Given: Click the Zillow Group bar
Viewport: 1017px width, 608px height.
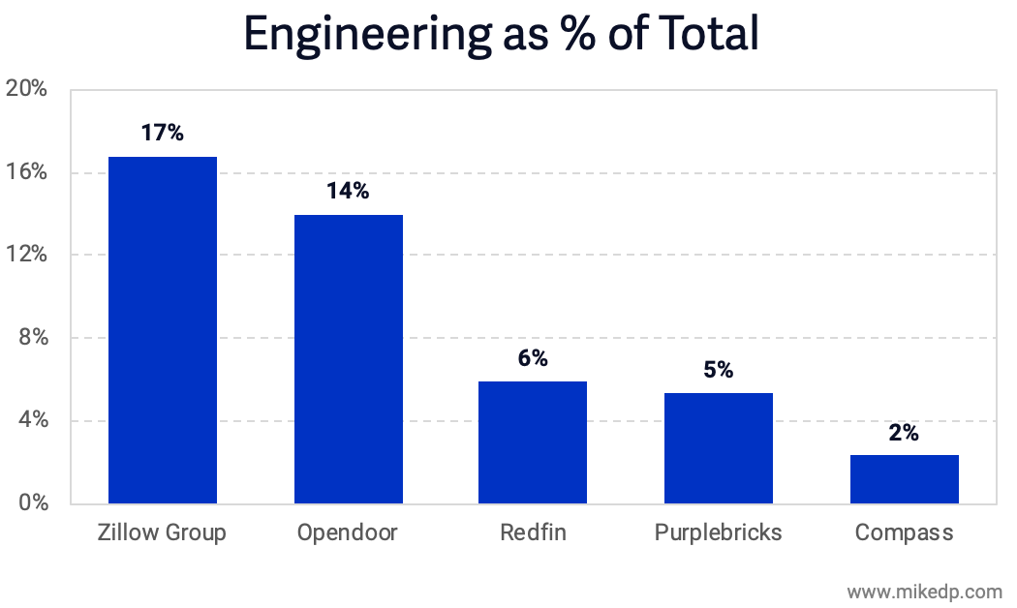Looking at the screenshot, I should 162,330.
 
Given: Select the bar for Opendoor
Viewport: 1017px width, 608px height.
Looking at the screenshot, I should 348,359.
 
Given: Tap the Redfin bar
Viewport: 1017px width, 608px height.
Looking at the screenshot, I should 533,442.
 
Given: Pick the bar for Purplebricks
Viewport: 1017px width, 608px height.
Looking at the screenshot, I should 719,448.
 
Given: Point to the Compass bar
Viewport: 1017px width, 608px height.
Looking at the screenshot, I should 904,479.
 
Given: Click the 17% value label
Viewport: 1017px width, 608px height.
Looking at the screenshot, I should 162,133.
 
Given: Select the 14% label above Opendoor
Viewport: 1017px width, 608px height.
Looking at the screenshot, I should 348,191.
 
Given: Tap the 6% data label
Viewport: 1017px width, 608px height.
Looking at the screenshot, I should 533,358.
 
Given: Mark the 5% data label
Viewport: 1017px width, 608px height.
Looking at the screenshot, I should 719,370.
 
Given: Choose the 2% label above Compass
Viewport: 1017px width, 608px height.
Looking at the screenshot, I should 904,433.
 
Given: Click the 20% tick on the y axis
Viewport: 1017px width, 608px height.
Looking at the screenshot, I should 26,89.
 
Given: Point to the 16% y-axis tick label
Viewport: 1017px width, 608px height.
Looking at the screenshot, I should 26,172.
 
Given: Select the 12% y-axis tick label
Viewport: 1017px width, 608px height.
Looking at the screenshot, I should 26,255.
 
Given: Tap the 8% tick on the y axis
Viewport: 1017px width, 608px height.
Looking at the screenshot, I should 31,338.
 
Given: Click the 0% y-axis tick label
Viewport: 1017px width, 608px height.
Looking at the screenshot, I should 31,503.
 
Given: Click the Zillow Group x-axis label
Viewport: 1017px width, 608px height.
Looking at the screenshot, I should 162,533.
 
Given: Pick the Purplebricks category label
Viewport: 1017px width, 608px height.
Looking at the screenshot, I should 718,533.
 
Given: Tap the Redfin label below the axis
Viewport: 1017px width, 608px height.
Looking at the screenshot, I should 533,533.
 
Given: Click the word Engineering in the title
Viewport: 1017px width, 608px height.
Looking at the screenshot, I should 364,35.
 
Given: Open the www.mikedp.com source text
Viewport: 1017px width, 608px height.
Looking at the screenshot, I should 924,591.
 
